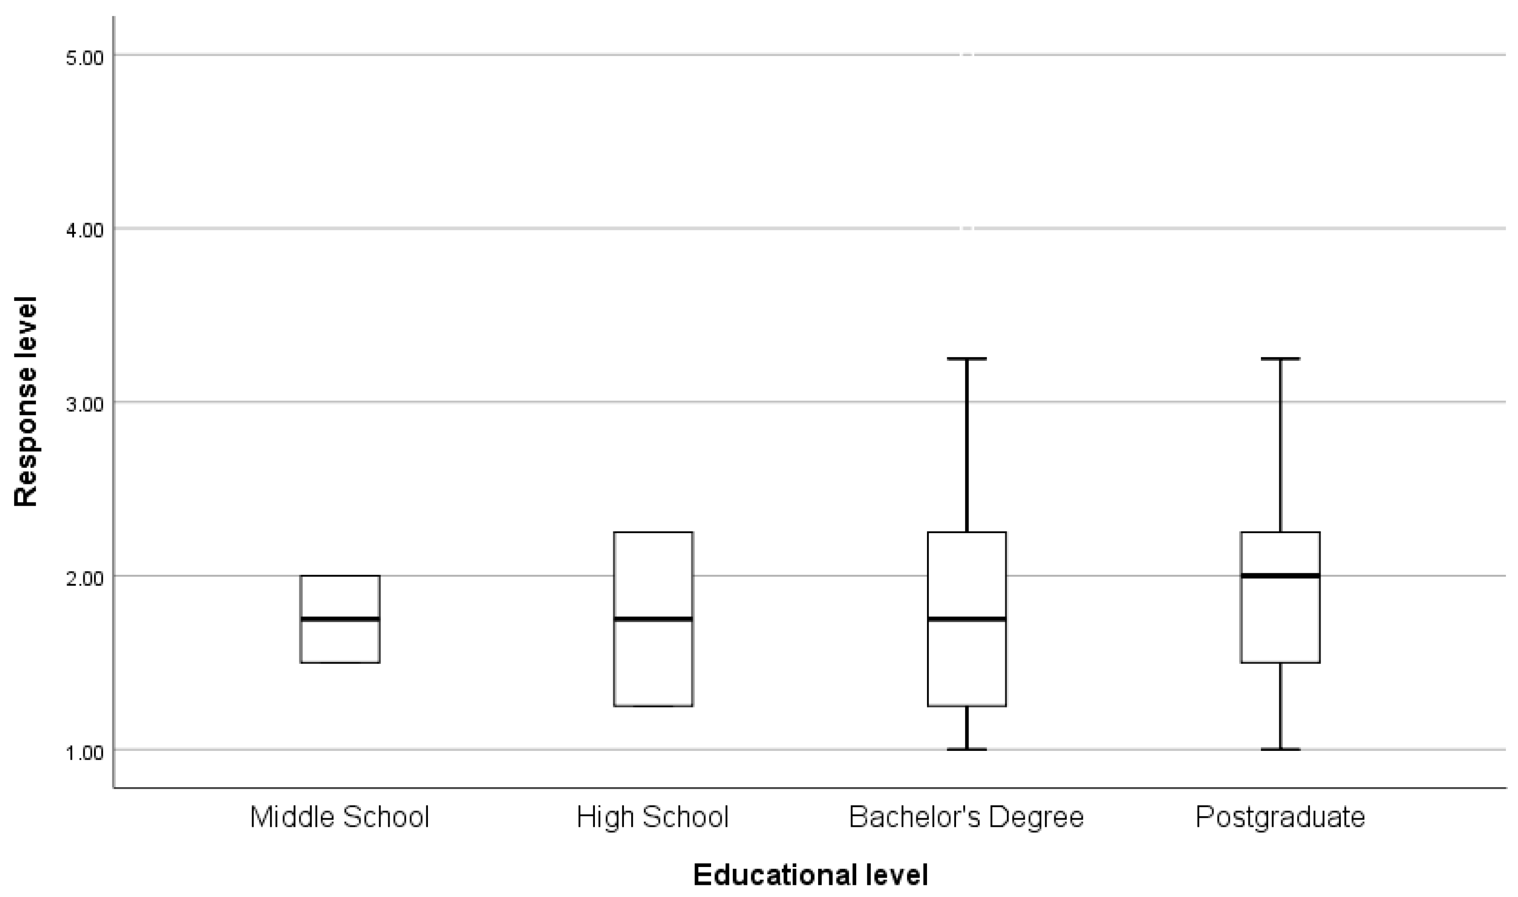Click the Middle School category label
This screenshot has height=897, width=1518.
pyautogui.click(x=339, y=817)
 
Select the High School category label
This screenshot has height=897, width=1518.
pyautogui.click(x=653, y=817)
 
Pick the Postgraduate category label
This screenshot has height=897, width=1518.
pyautogui.click(x=1280, y=817)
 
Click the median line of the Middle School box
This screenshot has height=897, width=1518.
pyautogui.click(x=340, y=619)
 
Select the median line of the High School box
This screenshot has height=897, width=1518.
pyautogui.click(x=653, y=619)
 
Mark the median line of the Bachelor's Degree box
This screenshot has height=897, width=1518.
pyautogui.click(x=967, y=619)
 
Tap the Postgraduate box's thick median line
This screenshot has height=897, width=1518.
pyautogui.click(x=1280, y=575)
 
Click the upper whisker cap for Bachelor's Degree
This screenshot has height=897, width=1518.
pyautogui.click(x=967, y=359)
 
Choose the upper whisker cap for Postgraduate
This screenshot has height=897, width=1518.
pyautogui.click(x=1280, y=359)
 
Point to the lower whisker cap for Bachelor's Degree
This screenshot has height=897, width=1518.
pyautogui.click(x=967, y=749)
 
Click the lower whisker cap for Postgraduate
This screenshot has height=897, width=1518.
pyautogui.click(x=1280, y=749)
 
